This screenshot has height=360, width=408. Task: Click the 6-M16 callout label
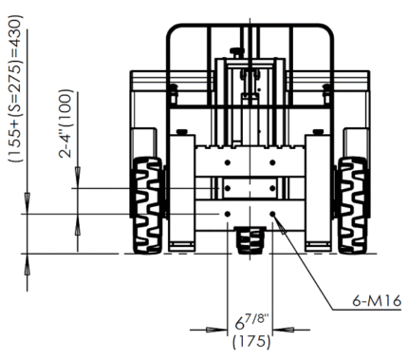377,300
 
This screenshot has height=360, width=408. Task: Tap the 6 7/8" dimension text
251,321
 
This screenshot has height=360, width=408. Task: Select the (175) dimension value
251,341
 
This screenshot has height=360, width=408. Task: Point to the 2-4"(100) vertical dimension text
65,123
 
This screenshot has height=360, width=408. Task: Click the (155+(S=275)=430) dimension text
15,88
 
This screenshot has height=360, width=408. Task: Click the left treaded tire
147,205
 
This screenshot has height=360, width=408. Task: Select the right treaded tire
352,205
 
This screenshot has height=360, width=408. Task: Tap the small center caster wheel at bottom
250,240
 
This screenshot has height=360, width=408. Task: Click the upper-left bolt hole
227,162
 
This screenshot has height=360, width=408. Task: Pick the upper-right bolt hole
272,162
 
